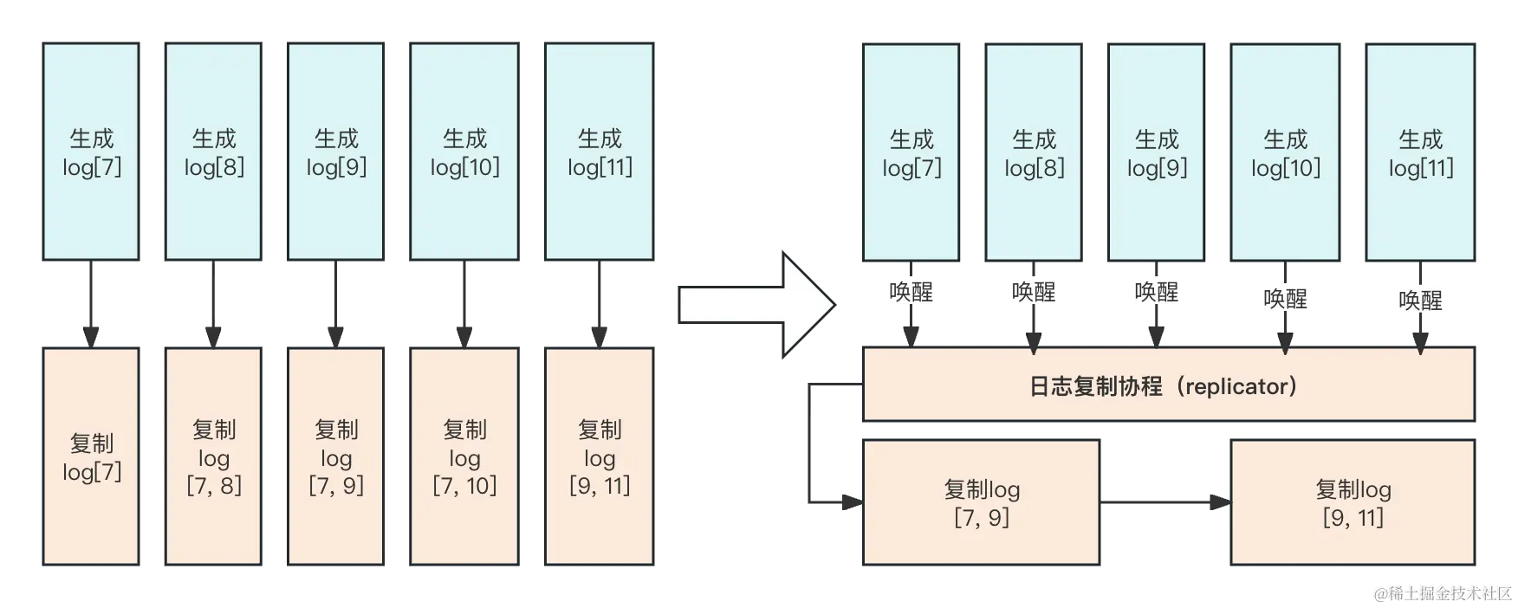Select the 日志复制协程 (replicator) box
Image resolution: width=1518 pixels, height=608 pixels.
tap(1166, 385)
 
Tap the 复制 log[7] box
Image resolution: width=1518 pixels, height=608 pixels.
tap(91, 457)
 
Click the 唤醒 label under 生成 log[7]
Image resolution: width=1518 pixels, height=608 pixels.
tap(911, 291)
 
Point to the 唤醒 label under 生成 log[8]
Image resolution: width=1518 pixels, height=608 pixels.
tap(1034, 291)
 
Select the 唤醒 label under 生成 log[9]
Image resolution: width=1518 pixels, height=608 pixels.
tap(1157, 291)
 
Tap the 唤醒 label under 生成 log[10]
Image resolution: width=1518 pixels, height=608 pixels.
tap(1285, 298)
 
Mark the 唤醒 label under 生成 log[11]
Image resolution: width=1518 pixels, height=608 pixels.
tap(1420, 300)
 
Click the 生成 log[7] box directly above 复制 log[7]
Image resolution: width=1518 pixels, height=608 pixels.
tap(91, 152)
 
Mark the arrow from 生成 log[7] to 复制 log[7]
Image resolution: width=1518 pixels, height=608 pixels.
tap(90, 304)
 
